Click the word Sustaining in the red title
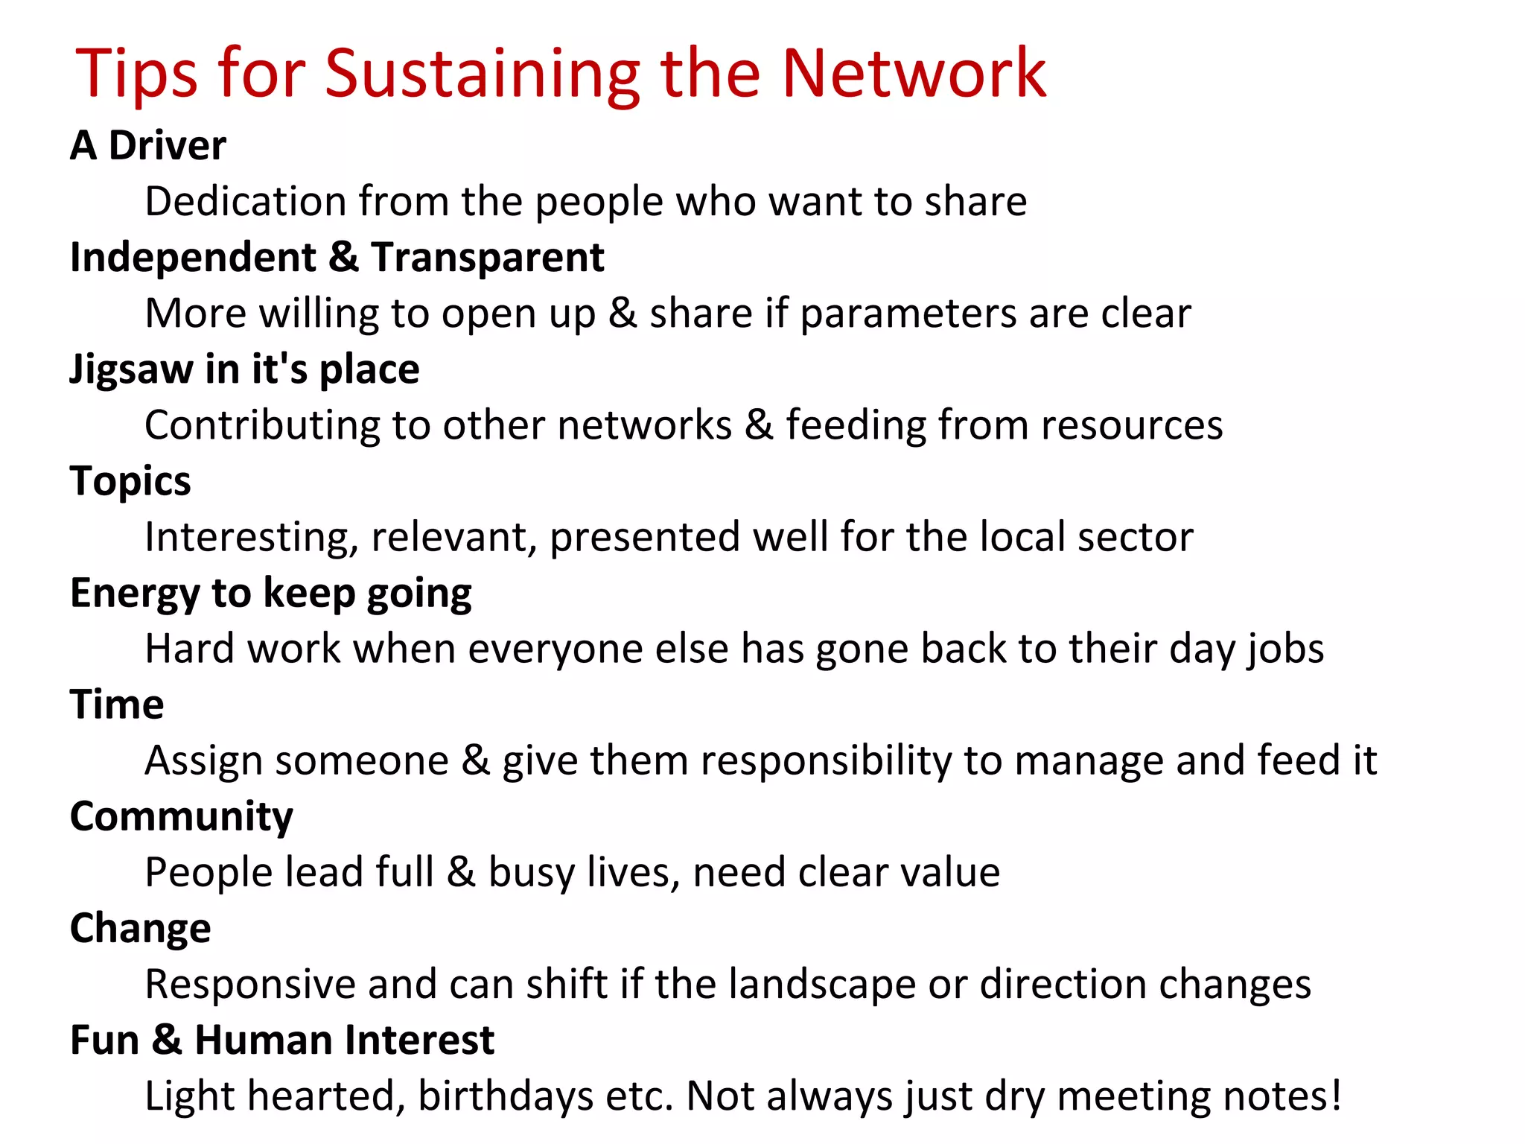pyautogui.click(x=483, y=74)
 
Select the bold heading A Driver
pyautogui.click(x=148, y=144)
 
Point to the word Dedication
pyautogui.click(x=245, y=201)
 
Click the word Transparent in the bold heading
pyautogui.click(x=488, y=257)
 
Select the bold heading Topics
pyautogui.click(x=130, y=482)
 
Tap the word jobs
pyautogui.click(x=1286, y=649)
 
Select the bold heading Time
pyautogui.click(x=117, y=705)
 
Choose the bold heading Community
pyautogui.click(x=182, y=817)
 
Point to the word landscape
pyautogui.click(x=821, y=985)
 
